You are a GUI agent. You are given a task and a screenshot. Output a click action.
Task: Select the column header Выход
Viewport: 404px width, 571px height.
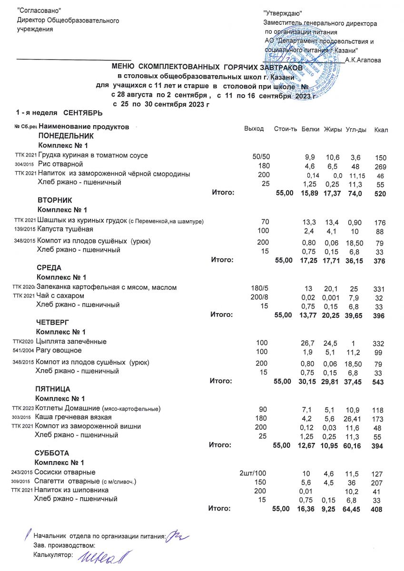pos(254,129)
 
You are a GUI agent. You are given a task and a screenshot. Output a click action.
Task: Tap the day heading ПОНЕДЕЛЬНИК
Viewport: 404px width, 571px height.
pos(62,136)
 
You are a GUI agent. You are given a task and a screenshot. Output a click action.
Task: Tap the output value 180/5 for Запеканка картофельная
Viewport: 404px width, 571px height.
pos(259,287)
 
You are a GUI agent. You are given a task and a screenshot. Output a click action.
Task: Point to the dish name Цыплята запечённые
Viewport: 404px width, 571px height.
pos(71,341)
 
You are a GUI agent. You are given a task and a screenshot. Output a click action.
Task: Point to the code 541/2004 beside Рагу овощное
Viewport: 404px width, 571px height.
pos(23,351)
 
